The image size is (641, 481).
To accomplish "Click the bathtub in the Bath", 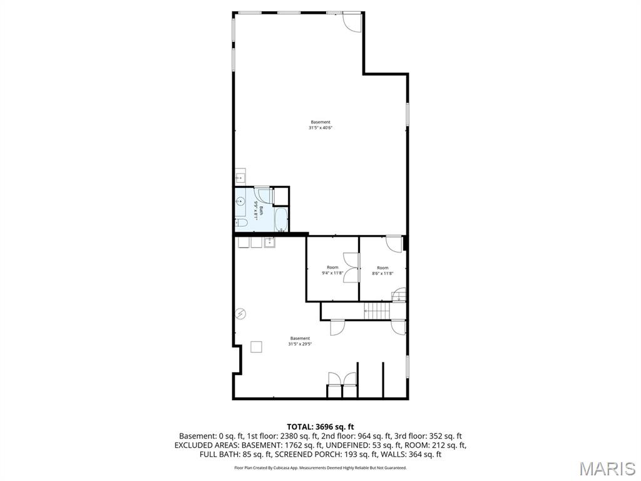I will coord(280,220).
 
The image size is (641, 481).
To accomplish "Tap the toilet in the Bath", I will coord(241,222).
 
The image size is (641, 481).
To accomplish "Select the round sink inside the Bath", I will coord(240,202).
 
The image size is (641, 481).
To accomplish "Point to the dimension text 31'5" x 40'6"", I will coord(320,128).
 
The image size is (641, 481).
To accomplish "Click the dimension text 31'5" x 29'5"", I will coord(300,344).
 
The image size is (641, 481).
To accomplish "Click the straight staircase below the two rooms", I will coord(376,311).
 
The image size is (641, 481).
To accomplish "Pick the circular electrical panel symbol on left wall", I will coord(240,314).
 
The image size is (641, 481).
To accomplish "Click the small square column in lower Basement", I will coord(257,346).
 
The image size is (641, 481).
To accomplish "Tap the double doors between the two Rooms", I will coord(351,269).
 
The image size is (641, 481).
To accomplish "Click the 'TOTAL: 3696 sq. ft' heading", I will coord(320,427).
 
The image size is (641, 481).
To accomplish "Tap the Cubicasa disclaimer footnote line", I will coord(320,468).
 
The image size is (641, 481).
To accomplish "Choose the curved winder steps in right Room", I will coord(399,295).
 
